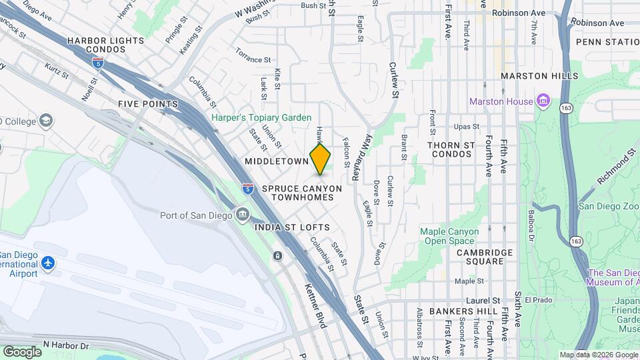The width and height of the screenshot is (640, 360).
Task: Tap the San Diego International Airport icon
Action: tap(47, 263)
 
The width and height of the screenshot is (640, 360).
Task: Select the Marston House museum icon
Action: tap(544, 101)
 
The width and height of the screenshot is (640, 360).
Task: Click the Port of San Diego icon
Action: tap(243, 215)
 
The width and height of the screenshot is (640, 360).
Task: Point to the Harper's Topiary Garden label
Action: tap(261, 117)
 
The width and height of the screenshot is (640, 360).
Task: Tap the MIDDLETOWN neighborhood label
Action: tap(276, 161)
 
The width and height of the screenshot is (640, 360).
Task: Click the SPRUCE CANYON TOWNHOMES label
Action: tap(301, 193)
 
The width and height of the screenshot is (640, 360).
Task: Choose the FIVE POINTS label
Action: tap(148, 104)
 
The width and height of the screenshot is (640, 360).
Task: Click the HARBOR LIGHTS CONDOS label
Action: tap(105, 45)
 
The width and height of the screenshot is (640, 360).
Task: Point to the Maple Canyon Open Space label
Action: tap(449, 236)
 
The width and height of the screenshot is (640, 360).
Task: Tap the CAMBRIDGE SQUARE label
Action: tap(485, 257)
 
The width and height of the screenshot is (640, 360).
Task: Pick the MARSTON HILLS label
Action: tap(539, 76)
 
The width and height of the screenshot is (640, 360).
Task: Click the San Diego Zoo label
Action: tap(607, 205)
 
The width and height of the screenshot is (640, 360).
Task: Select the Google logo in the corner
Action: tap(22, 351)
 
